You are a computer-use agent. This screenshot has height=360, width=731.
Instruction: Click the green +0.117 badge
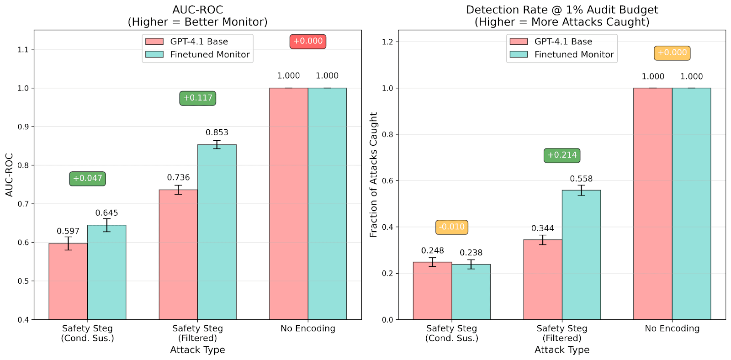click(x=197, y=98)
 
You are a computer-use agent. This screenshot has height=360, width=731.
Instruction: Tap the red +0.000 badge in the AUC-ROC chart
click(x=307, y=41)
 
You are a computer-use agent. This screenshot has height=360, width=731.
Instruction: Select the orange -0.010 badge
click(x=451, y=227)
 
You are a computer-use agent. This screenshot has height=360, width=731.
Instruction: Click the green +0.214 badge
click(x=562, y=155)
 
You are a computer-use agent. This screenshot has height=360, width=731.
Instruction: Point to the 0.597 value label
click(x=68, y=231)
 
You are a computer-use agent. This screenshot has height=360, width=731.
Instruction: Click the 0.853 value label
click(x=217, y=132)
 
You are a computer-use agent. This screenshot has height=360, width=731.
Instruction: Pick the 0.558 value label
click(x=581, y=179)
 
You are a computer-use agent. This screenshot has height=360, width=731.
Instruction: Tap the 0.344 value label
click(x=542, y=228)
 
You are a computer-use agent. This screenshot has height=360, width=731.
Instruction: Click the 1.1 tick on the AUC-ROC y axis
click(x=23, y=49)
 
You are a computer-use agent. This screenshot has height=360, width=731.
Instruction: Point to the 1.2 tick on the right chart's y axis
click(x=387, y=42)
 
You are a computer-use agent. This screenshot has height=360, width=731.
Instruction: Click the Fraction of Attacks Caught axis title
click(x=374, y=175)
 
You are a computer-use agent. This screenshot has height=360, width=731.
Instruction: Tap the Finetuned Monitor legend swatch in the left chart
click(x=154, y=54)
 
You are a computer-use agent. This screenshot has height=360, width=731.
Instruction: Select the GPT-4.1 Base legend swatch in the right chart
click(x=519, y=42)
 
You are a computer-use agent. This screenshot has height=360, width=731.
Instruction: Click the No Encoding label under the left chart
click(x=307, y=328)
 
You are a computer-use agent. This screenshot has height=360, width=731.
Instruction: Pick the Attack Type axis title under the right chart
click(x=562, y=350)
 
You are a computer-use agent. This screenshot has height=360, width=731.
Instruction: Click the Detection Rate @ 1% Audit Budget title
click(x=562, y=10)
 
